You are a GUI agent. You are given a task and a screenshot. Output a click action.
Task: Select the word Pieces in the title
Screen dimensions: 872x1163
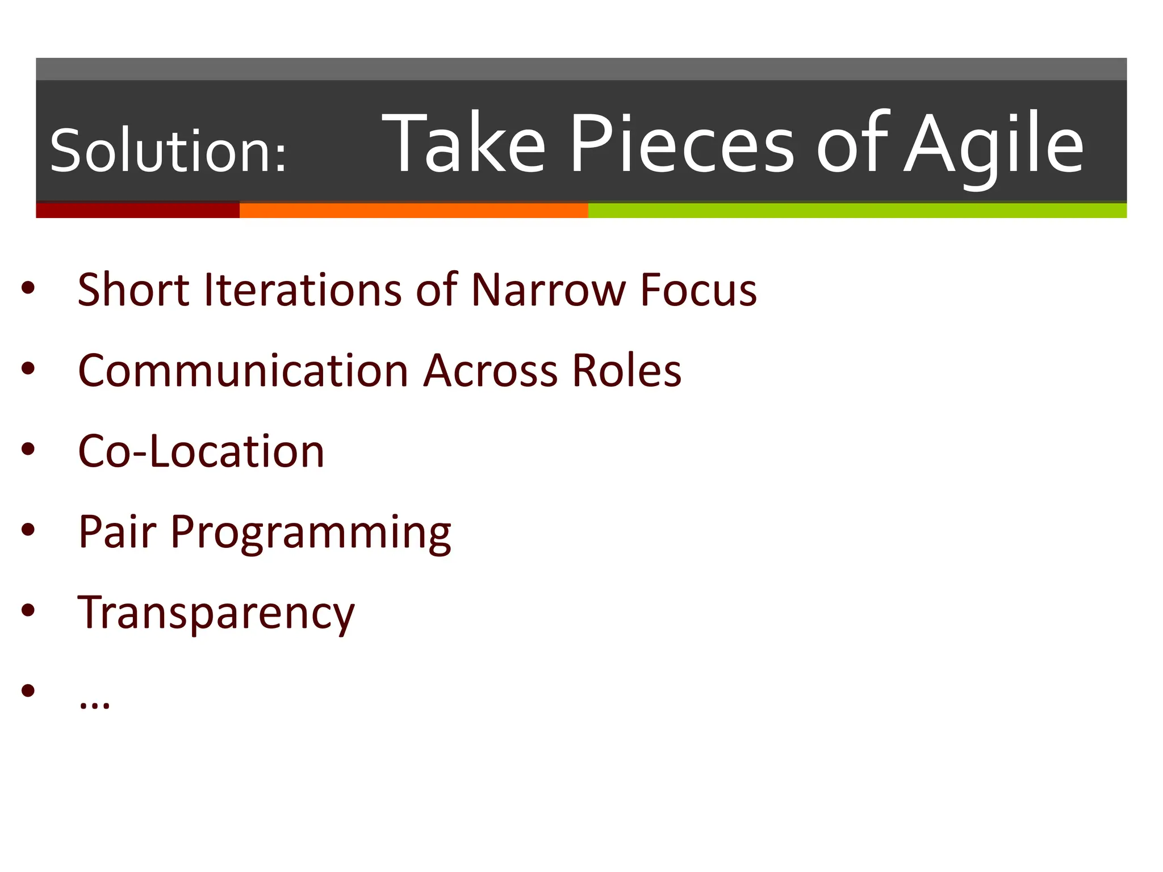pos(681,143)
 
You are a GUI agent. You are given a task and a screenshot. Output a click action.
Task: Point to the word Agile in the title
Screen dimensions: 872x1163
pos(994,145)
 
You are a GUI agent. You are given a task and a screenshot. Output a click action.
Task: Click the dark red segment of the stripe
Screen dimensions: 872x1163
pos(137,210)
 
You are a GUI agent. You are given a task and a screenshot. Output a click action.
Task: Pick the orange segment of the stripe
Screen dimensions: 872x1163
pos(413,210)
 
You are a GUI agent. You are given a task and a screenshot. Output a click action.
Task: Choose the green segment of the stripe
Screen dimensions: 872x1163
pos(857,210)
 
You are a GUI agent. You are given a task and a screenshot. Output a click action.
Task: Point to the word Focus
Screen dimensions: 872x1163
pos(698,290)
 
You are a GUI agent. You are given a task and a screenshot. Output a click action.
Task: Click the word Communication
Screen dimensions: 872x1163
pos(243,371)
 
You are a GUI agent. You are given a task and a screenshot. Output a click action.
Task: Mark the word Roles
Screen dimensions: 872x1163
pos(626,371)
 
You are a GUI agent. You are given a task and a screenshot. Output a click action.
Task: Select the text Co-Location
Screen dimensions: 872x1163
pos(201,451)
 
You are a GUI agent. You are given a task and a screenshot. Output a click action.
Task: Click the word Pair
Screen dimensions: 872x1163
pos(117,532)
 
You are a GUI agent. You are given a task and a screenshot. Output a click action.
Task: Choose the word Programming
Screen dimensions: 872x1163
pos(311,534)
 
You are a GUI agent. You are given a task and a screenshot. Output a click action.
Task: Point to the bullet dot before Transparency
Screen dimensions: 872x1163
pos(28,610)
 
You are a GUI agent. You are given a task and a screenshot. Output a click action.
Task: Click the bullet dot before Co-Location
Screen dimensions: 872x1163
pos(28,449)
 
